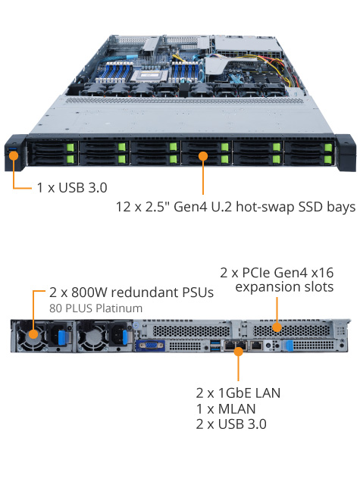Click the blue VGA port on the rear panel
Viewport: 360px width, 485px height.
point(150,346)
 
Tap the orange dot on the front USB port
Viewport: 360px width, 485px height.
point(14,155)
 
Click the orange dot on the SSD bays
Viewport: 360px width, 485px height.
point(203,156)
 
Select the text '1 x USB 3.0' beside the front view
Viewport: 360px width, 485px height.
point(72,187)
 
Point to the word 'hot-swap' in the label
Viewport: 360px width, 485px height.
point(265,207)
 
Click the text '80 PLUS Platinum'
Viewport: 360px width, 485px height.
point(96,308)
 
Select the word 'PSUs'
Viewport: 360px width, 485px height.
point(198,292)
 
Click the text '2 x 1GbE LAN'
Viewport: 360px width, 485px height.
point(238,393)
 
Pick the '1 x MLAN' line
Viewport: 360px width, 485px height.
point(226,408)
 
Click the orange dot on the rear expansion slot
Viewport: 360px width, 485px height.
point(277,327)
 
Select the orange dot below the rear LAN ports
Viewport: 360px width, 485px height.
point(239,352)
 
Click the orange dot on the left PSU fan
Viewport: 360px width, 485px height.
point(33,333)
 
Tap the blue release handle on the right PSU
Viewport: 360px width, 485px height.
point(125,336)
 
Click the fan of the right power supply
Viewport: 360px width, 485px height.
point(92,336)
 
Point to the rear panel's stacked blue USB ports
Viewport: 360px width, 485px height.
point(215,346)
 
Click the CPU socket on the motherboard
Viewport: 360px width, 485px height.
point(149,75)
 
